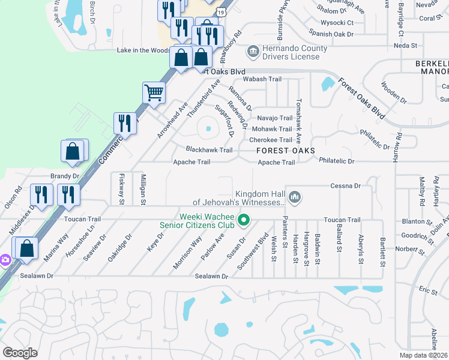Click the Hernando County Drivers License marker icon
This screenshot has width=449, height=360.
pyautogui.click(x=253, y=52)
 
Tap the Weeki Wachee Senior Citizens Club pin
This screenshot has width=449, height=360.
pyautogui.click(x=244, y=220)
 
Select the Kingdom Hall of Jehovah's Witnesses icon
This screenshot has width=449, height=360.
pyautogui.click(x=295, y=196)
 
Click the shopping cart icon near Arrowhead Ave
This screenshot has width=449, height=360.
pyautogui.click(x=154, y=93)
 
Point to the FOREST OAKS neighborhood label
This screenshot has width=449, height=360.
pyautogui.click(x=286, y=151)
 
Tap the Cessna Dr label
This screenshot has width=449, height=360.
pyautogui.click(x=345, y=186)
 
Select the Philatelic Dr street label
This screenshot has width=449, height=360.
pyautogui.click(x=337, y=161)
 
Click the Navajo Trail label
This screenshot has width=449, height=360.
pyautogui.click(x=274, y=118)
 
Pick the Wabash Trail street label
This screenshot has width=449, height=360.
pyautogui.click(x=262, y=79)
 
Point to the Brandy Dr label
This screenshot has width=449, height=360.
pyautogui.click(x=65, y=176)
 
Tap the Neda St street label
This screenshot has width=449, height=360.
pyautogui.click(x=405, y=46)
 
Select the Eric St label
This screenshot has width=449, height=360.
pyautogui.click(x=428, y=290)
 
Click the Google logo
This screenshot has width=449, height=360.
pyautogui.click(x=20, y=353)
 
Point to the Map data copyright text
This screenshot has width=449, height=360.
pyautogui.click(x=424, y=355)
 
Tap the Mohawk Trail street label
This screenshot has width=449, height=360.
pyautogui.click(x=272, y=129)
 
